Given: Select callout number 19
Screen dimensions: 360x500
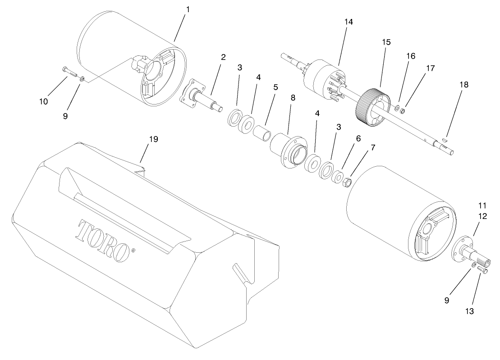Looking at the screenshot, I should [153, 139].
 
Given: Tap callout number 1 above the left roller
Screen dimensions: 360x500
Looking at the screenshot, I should [188, 9].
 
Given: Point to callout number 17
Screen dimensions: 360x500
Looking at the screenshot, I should [430, 68].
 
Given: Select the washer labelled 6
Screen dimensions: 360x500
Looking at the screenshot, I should [336, 177].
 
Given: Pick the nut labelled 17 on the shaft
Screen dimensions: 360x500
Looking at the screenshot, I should [403, 111].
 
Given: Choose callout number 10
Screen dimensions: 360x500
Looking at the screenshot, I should [43, 102].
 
